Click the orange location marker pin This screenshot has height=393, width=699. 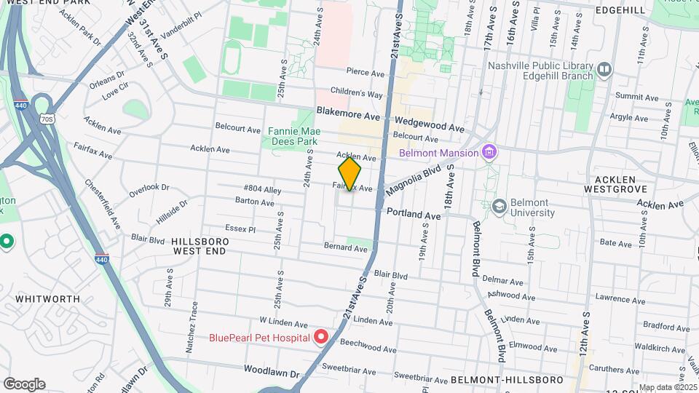pyautogui.click(x=350, y=174)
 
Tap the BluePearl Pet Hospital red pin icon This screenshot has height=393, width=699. pyautogui.click(x=321, y=337)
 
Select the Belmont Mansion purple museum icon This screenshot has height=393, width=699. pyautogui.click(x=489, y=152)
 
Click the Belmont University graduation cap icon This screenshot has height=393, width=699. pyautogui.click(x=499, y=206)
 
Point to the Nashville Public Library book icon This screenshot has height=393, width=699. pyautogui.click(x=604, y=70)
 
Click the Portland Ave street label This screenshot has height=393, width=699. pyautogui.click(x=414, y=215)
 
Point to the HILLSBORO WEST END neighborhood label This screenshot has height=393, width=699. pyautogui.click(x=200, y=245)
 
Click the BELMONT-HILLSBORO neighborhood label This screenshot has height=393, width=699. pyautogui.click(x=507, y=380)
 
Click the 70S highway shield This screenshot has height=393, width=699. pyautogui.click(x=47, y=119)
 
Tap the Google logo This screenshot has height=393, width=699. pyautogui.click(x=24, y=384)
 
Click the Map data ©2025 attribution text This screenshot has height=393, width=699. pyautogui.click(x=667, y=387)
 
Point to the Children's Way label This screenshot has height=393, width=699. pyautogui.click(x=357, y=93)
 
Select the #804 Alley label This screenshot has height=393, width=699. pyautogui.click(x=262, y=190)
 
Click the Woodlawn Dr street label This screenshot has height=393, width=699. pyautogui.click(x=272, y=373)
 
